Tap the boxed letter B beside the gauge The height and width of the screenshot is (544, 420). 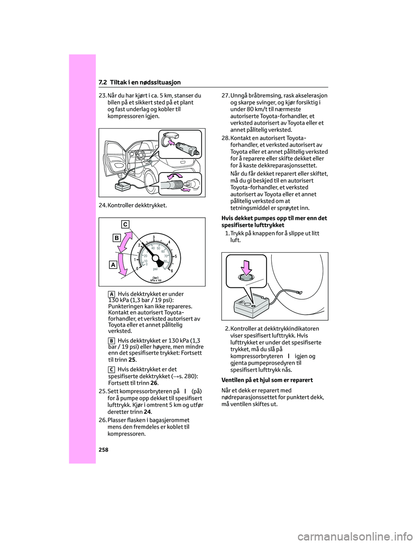point(116,238)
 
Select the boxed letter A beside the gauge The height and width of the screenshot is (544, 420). point(113,265)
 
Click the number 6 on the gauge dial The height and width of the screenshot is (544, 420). point(171,271)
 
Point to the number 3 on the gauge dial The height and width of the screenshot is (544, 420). point(154,237)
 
